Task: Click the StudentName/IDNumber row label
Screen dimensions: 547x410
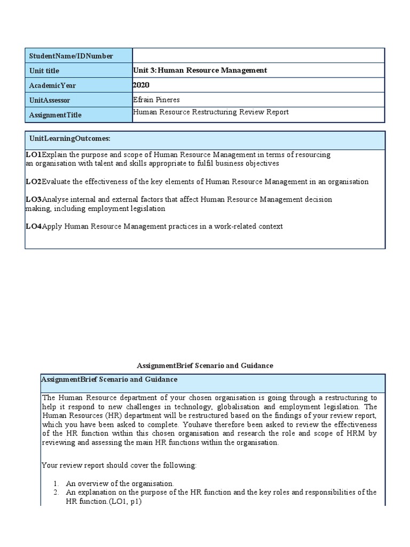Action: [x=71, y=56]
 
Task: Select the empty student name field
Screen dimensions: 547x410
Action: [x=258, y=56]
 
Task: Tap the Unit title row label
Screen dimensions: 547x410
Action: [x=45, y=71]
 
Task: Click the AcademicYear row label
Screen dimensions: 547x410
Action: [x=52, y=85]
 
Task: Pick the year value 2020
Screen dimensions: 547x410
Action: [x=141, y=85]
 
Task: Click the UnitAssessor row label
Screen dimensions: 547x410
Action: [x=50, y=100]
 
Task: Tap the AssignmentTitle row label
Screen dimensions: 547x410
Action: [x=56, y=115]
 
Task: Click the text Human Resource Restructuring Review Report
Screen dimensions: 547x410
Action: [x=210, y=112]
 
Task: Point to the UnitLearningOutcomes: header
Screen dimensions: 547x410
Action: [x=70, y=138]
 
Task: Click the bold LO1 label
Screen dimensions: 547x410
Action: [x=33, y=154]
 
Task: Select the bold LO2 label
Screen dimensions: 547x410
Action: [x=33, y=182]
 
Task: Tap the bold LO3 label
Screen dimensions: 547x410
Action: [x=33, y=199]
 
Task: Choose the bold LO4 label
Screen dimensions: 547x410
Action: [x=33, y=226]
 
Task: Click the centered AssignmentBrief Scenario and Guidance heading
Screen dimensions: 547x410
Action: [x=205, y=365]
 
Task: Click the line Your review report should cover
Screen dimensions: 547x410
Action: [x=119, y=465]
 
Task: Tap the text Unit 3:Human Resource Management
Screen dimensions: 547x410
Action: [x=200, y=71]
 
